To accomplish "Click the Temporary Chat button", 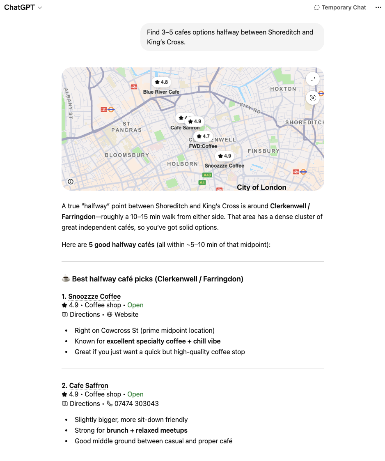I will [339, 7].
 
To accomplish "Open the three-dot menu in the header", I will [378, 7].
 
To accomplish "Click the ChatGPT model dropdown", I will [23, 7].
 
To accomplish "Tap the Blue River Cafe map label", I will [161, 92].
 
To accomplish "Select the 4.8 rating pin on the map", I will [161, 82].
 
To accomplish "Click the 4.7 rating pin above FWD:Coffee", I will [203, 136].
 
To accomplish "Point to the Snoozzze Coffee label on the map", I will [225, 166].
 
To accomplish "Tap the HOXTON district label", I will [283, 89].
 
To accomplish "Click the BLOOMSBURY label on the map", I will [127, 155].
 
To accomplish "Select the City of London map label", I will [261, 187].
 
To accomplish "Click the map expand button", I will [313, 79].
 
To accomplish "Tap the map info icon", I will [71, 182].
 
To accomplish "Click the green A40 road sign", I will [207, 175].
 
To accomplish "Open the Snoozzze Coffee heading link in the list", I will [94, 296].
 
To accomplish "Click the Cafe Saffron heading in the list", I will [89, 385].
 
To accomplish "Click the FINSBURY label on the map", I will [264, 151].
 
